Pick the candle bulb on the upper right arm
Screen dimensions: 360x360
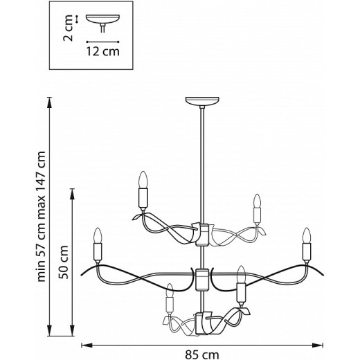coord(258,202)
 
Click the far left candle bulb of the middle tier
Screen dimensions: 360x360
coord(98,237)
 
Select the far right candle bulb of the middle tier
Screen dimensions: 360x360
coord(305,237)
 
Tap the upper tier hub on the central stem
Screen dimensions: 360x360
coord(202,235)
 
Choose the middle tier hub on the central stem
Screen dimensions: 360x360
coord(202,279)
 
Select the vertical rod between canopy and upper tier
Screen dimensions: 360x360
coord(202,166)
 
